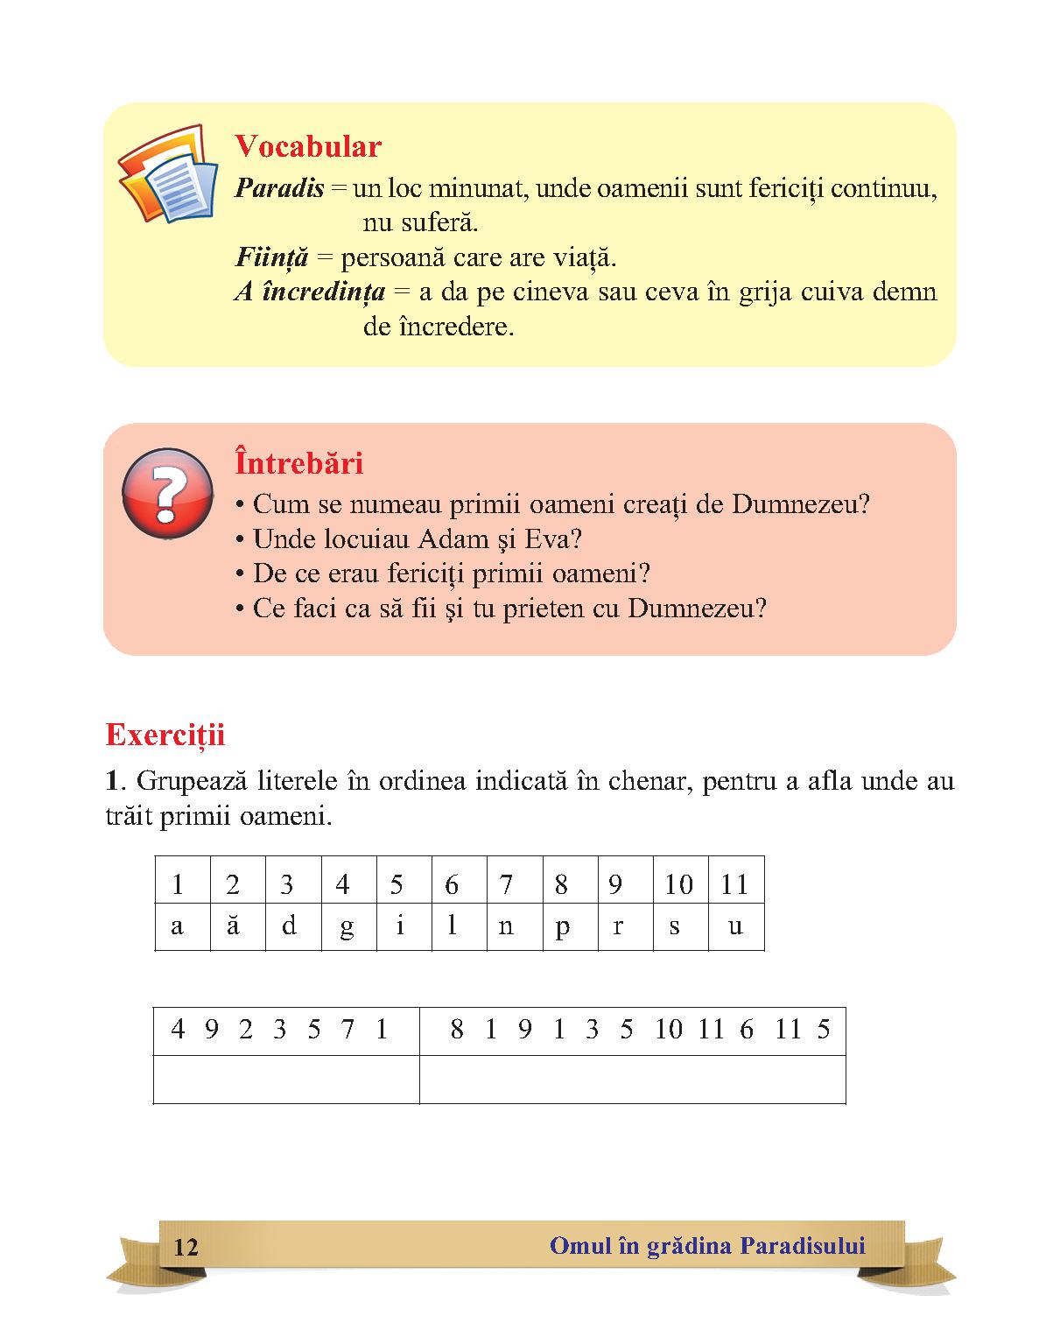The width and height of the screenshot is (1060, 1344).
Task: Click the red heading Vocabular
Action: [x=308, y=146]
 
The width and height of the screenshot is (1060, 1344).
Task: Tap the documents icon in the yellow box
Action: [x=168, y=173]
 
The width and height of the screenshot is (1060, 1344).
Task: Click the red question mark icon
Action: [x=167, y=493]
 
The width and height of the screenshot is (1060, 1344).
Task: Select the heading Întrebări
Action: [x=298, y=463]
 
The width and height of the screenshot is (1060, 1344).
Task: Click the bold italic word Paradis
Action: [x=279, y=188]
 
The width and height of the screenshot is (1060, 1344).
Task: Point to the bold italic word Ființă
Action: [x=272, y=257]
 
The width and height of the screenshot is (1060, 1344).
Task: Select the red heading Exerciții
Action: [x=165, y=735]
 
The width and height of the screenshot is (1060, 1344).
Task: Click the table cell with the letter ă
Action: [x=233, y=926]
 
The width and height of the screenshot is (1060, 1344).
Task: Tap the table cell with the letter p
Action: [x=561, y=926]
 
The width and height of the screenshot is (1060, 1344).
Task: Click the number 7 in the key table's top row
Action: [x=506, y=884]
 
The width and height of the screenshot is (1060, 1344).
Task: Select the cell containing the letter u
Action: [x=735, y=926]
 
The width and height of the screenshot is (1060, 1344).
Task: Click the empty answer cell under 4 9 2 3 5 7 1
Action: [x=286, y=1079]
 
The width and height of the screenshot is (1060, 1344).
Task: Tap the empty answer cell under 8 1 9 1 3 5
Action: [x=632, y=1079]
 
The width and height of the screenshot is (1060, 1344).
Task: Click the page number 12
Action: [x=186, y=1247]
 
